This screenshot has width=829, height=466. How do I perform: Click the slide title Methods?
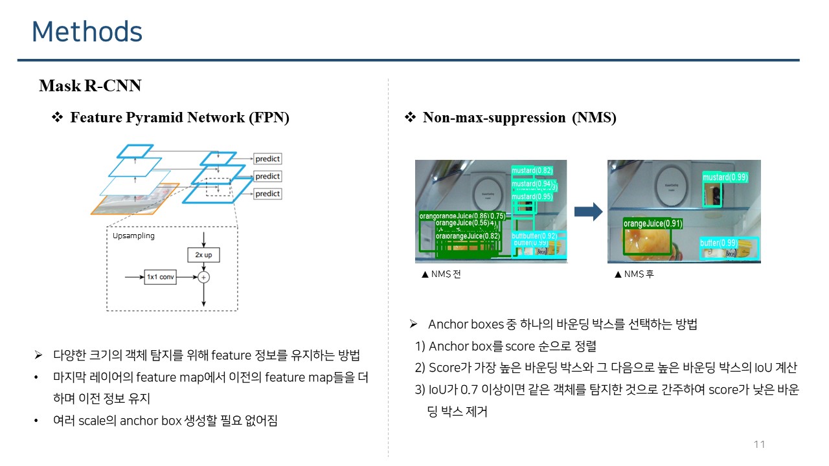tap(87, 32)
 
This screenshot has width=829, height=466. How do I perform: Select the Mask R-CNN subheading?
tap(90, 86)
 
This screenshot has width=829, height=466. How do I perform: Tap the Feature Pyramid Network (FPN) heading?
tap(179, 118)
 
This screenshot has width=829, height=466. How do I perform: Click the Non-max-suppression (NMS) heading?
tap(519, 118)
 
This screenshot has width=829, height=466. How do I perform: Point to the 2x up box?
tap(203, 255)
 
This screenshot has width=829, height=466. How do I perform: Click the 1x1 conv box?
tap(160, 277)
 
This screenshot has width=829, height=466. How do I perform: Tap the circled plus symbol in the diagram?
tap(204, 277)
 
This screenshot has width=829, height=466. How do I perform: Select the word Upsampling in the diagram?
tap(133, 236)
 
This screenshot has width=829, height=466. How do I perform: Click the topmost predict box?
tap(267, 159)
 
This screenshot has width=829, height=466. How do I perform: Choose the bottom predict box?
tap(267, 194)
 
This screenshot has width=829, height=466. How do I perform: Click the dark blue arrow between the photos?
tap(588, 212)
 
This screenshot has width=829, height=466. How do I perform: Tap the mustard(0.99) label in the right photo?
tap(725, 177)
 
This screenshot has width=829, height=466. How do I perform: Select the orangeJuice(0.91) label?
tap(653, 224)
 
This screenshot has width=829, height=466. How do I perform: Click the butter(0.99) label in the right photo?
tap(719, 243)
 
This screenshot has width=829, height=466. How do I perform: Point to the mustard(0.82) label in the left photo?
tap(532, 171)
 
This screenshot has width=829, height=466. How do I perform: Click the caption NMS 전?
tap(441, 274)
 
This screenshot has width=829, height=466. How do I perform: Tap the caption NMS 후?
tap(634, 274)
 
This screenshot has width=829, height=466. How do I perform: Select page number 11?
tap(760, 444)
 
